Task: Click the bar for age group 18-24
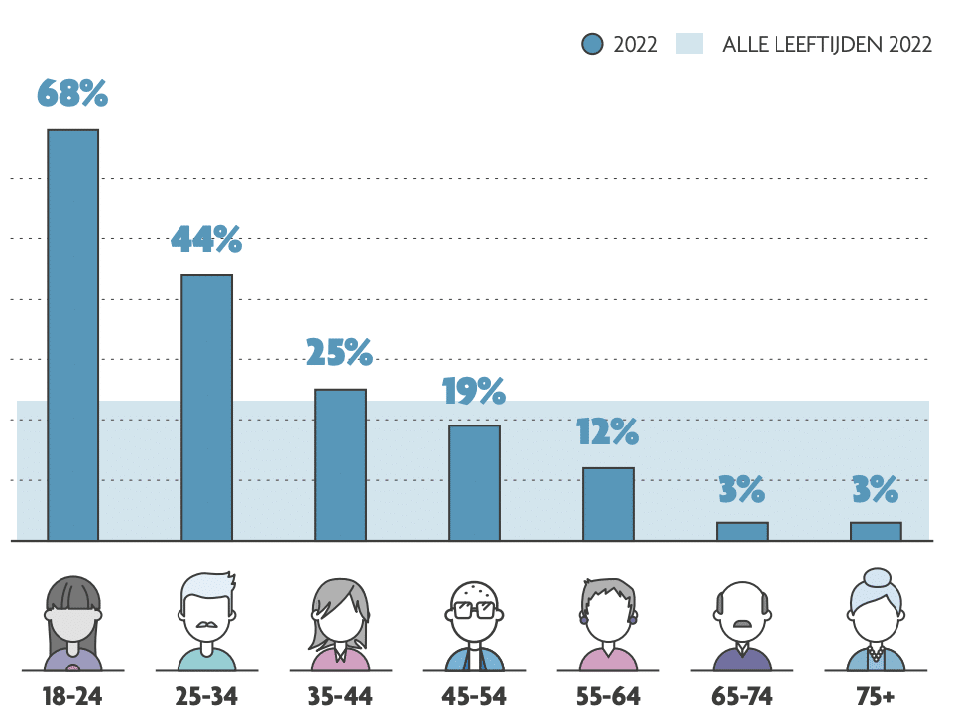(x=73, y=335)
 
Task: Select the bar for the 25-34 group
(x=206, y=408)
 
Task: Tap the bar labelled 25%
(x=340, y=464)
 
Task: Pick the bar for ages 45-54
(x=474, y=483)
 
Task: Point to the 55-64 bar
(x=608, y=504)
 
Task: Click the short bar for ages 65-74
(x=742, y=531)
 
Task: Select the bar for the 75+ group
(x=876, y=531)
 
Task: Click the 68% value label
(x=72, y=93)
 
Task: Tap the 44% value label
(x=206, y=239)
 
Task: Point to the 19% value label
(x=474, y=392)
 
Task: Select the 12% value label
(x=608, y=432)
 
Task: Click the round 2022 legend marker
(x=592, y=44)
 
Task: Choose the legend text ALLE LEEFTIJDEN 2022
(x=827, y=44)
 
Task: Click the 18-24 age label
(x=72, y=696)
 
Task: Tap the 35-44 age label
(x=340, y=696)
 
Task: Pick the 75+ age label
(x=876, y=696)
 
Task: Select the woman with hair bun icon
(x=876, y=621)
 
